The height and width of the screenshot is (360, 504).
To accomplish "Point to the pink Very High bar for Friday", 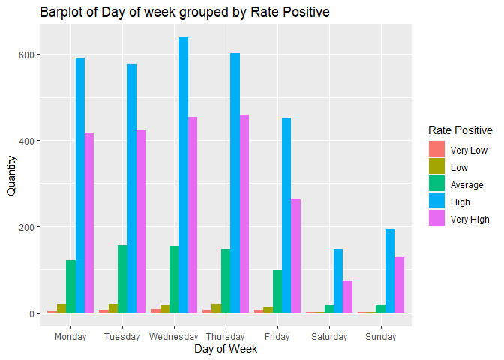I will [296, 256].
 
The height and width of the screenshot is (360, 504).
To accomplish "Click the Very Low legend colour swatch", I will [436, 150].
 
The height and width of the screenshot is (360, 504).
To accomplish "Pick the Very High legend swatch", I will [436, 219].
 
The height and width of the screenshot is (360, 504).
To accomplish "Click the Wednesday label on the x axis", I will [173, 337].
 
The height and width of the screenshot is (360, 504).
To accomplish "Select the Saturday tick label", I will [329, 337].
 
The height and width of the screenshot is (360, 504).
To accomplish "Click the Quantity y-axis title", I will [10, 176].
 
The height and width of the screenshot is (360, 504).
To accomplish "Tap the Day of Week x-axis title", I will [225, 349].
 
